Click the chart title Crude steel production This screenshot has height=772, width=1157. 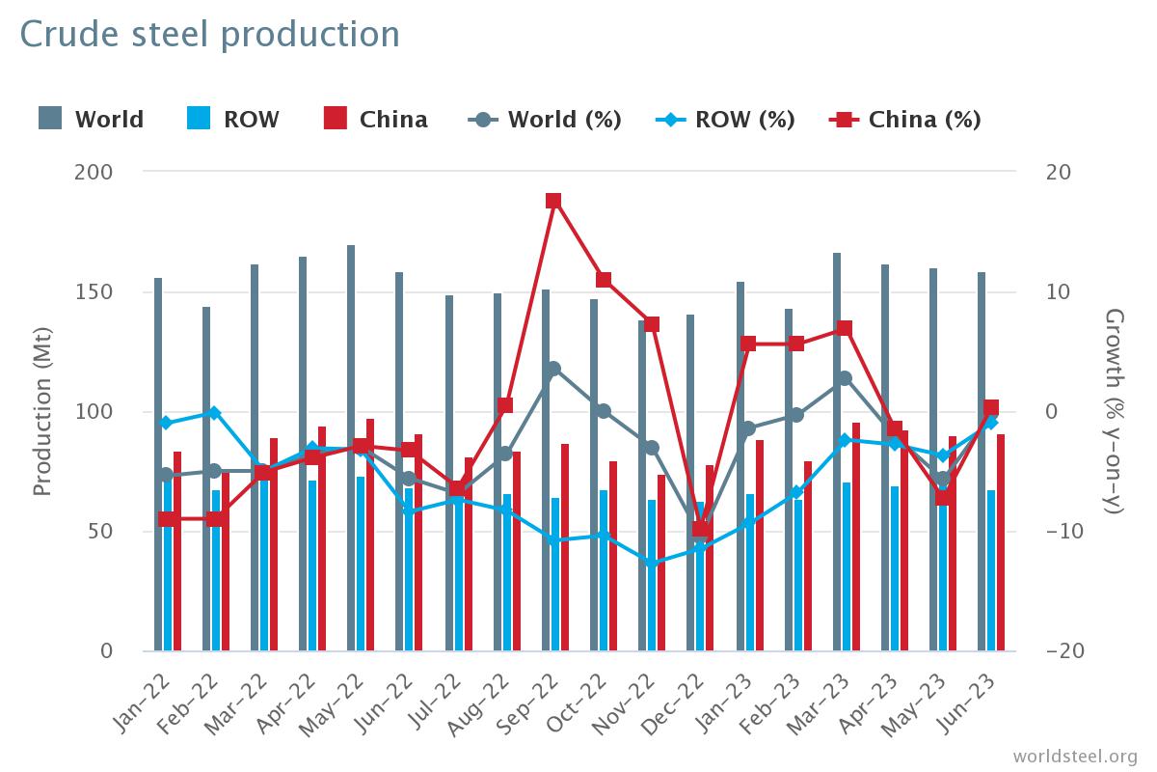209,35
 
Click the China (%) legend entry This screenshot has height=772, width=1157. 905,120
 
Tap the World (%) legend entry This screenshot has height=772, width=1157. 546,120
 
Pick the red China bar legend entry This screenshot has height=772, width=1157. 376,120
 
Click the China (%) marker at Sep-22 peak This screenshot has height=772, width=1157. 553,201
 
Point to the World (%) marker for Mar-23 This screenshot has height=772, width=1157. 845,378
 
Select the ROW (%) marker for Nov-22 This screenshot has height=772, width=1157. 652,564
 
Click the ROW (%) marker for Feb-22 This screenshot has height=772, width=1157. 214,413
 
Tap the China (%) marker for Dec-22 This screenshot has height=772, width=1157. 701,529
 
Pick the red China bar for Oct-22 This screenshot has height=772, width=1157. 612,556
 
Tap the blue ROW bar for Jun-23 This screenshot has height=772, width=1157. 991,569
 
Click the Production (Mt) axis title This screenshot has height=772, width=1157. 42,410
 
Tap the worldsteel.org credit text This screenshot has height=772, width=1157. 1075,756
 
